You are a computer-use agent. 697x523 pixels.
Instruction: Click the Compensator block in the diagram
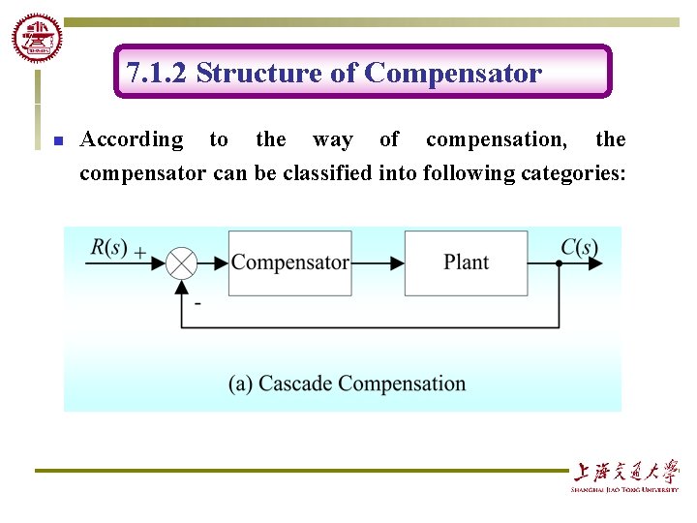tap(289, 262)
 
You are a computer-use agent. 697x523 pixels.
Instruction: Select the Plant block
tap(466, 262)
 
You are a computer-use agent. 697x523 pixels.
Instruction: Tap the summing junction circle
tap(181, 262)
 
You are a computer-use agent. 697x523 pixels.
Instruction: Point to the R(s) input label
tap(109, 247)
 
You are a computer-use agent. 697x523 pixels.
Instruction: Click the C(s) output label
tap(579, 247)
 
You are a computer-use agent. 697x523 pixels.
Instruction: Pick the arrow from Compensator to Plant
tap(378, 262)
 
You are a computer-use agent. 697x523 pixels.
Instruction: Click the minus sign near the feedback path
tap(197, 303)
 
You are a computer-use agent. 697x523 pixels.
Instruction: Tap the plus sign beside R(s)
tap(140, 252)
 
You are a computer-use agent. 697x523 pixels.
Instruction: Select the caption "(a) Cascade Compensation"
tap(347, 384)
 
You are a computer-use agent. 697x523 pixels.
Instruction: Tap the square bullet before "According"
tap(57, 141)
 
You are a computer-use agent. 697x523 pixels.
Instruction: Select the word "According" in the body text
tap(131, 139)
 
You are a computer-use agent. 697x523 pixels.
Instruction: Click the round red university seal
tap(37, 39)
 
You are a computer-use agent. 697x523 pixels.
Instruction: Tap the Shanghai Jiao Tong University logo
tap(624, 475)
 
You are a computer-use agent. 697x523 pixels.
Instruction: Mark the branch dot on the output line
tap(559, 262)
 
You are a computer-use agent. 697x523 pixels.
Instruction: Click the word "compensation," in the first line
tap(497, 139)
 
